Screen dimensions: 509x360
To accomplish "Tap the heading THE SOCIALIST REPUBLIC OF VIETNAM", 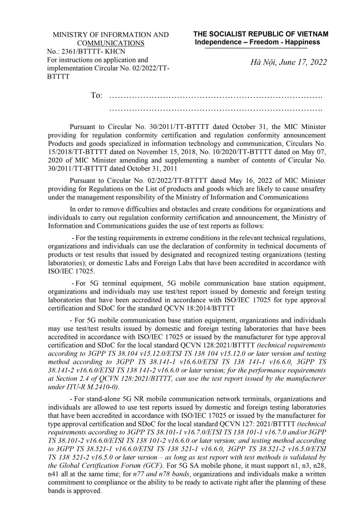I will point(261,34).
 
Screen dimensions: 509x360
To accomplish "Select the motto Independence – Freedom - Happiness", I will point(257,42).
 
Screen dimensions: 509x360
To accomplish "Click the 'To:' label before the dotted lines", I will point(96,95).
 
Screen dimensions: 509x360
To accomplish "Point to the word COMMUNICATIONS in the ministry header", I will point(110,43).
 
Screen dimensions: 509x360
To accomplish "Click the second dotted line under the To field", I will point(216,109).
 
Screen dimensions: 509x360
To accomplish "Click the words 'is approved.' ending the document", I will point(84,491).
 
